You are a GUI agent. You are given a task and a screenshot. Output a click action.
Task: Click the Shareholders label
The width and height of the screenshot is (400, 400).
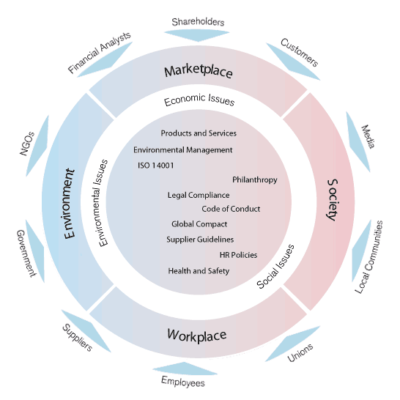(x=198, y=22)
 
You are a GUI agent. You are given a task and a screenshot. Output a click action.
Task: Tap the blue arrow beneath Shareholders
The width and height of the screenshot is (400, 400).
(x=196, y=35)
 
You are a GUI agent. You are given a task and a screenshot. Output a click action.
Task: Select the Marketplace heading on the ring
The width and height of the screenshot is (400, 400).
(x=199, y=72)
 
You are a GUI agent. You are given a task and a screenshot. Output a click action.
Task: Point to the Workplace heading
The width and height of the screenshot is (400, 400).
(x=197, y=336)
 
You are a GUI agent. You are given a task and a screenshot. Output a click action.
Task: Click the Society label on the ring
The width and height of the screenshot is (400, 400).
(x=333, y=200)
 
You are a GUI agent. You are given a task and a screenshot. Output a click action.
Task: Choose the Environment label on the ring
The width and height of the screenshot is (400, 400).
(x=70, y=204)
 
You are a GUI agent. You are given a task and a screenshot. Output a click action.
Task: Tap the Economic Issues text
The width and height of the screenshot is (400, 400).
(x=199, y=100)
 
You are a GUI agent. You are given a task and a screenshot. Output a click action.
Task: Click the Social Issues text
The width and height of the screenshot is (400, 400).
(x=275, y=267)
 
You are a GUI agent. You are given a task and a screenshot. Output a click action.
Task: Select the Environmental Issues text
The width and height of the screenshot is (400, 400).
(x=103, y=203)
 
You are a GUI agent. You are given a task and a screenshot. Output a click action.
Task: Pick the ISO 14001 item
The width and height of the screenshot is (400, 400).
(x=156, y=166)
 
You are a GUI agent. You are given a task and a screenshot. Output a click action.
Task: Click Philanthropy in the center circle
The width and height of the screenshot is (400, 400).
(x=255, y=179)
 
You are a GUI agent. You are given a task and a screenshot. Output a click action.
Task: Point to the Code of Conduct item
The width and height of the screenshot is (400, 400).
(x=231, y=209)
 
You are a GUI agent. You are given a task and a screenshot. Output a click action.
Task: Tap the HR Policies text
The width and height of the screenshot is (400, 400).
(x=238, y=255)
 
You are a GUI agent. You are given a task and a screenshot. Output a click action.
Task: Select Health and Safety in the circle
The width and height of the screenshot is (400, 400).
(x=199, y=271)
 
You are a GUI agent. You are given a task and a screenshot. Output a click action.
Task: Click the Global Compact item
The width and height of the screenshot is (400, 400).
(x=199, y=224)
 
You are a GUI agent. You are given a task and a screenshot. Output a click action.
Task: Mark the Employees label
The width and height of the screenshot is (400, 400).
(x=183, y=382)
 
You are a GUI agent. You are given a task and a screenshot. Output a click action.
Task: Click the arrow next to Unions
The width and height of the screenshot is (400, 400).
(x=292, y=344)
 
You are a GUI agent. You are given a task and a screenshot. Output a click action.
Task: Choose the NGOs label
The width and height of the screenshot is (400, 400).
(x=27, y=144)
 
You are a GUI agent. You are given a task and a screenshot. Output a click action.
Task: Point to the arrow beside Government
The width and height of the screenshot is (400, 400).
(x=35, y=251)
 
